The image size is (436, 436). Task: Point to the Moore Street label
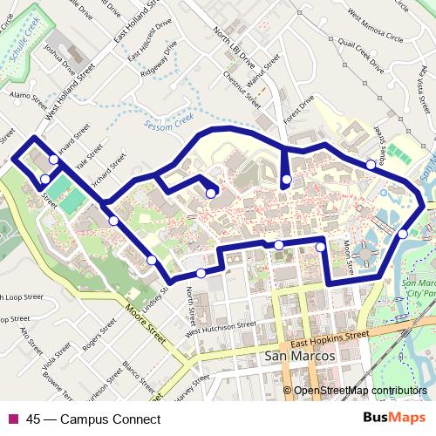tap(145, 322)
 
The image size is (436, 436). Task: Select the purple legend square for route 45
tap(12, 419)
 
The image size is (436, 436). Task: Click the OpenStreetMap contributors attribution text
tap(360, 391)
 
